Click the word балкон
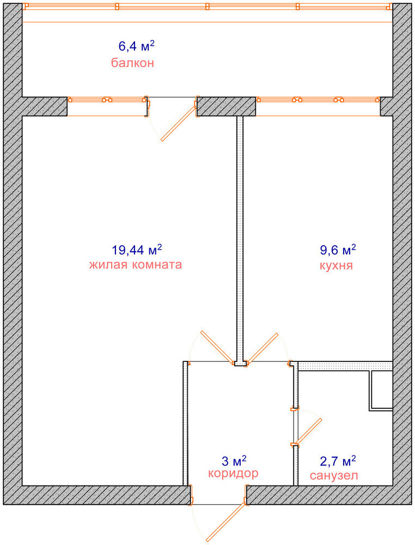132,63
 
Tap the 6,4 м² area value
137,46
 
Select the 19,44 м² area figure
137,250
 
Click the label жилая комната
136,264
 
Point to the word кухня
336,265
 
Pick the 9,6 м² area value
338,250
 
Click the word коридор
233,474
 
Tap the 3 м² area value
234,461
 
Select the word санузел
334,475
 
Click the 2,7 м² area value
338,461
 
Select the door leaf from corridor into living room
217,347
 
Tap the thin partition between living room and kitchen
240,239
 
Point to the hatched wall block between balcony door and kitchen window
226,106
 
